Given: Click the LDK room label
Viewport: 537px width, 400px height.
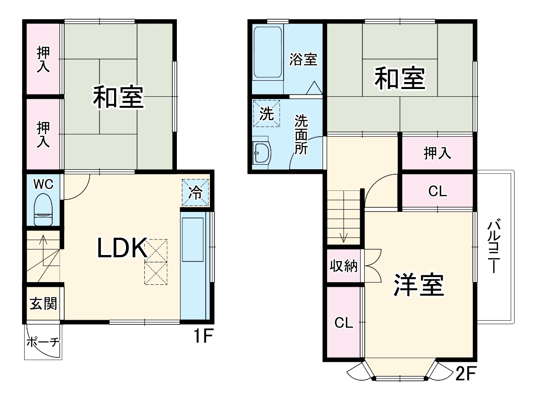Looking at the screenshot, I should click(121, 249).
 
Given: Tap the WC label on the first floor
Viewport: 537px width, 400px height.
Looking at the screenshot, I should click(44, 184).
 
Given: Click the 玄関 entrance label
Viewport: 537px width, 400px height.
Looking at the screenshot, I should click(44, 304).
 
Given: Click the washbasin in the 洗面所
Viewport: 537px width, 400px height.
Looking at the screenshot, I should click(262, 152).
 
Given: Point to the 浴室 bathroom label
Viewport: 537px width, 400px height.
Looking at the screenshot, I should click(303, 59).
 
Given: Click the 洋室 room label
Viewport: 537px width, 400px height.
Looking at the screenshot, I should click(418, 286).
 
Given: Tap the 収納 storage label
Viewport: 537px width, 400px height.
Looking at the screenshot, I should click(344, 266).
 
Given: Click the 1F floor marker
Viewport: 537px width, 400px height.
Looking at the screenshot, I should click(202, 337).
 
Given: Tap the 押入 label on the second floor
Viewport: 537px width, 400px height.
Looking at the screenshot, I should click(437, 154).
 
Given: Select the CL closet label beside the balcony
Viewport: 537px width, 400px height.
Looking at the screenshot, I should click(437, 192).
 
